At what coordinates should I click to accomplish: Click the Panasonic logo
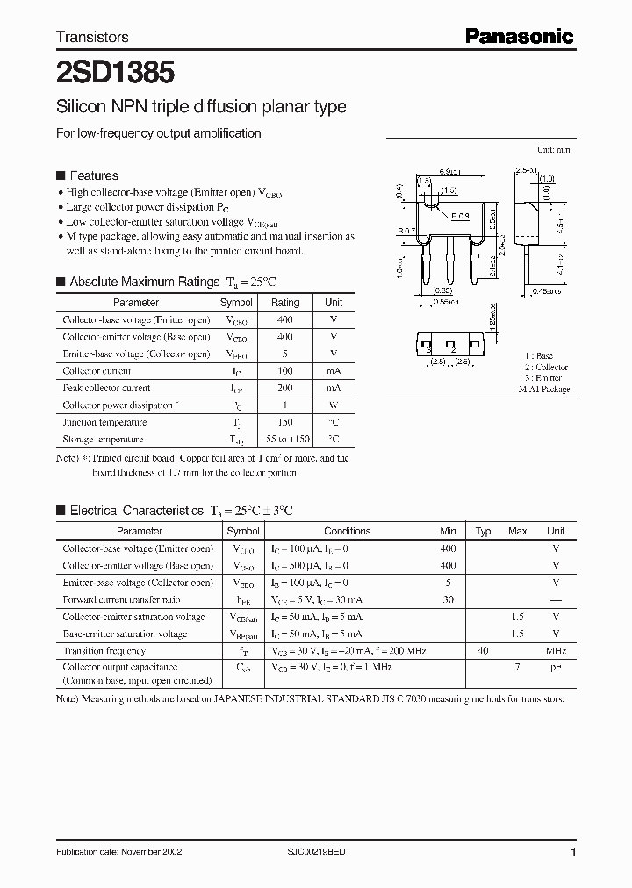(x=519, y=36)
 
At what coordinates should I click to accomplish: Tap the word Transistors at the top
(x=92, y=37)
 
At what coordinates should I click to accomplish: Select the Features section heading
(x=93, y=175)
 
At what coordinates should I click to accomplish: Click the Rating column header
(x=284, y=303)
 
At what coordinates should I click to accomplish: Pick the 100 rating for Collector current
(x=284, y=371)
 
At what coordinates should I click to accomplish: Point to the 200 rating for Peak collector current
(x=284, y=388)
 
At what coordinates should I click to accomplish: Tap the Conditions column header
(x=347, y=531)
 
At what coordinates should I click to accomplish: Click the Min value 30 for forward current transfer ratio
(x=449, y=599)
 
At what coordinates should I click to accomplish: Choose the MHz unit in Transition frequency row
(x=556, y=651)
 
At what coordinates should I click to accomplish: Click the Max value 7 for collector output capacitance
(x=518, y=668)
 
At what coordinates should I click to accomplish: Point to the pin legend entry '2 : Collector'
(x=546, y=368)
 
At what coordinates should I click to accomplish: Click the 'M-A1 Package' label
(x=543, y=389)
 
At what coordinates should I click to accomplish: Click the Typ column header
(x=483, y=531)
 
